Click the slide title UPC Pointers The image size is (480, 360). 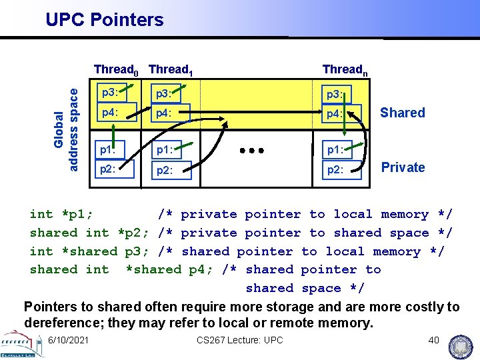[x=105, y=20]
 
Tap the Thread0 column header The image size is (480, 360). [x=117, y=69]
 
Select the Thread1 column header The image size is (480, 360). [x=171, y=69]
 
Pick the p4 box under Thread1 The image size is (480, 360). [x=170, y=113]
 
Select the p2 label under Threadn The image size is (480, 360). [x=335, y=170]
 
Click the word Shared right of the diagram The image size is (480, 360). [x=402, y=113]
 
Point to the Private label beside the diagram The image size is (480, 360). [x=403, y=167]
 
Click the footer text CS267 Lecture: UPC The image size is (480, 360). [x=240, y=341]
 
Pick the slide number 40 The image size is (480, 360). [x=433, y=341]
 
